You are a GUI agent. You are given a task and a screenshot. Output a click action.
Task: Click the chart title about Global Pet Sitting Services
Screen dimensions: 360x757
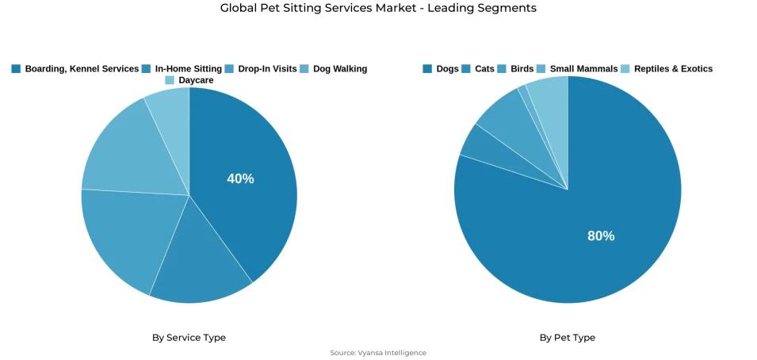(x=378, y=9)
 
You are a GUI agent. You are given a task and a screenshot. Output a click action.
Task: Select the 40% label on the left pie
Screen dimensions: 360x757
(x=240, y=179)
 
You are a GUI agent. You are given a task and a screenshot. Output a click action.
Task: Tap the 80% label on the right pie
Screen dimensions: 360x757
(x=601, y=236)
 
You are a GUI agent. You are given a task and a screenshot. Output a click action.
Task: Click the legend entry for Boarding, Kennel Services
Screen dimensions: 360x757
(x=75, y=69)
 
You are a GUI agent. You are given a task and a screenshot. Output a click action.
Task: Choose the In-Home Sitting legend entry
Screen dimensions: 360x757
(x=182, y=69)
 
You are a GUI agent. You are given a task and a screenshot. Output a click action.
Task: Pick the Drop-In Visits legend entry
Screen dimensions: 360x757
(x=261, y=69)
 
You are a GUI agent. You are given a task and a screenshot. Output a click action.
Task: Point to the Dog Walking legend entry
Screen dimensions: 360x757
(x=333, y=69)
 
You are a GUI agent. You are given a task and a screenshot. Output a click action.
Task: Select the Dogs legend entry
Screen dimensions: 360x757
(x=441, y=69)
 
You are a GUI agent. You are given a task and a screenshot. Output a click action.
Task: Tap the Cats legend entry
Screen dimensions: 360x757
(x=478, y=69)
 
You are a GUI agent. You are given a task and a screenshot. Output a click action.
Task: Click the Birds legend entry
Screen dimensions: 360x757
(x=515, y=69)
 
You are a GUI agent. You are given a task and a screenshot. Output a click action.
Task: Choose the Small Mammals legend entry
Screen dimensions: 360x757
(x=577, y=69)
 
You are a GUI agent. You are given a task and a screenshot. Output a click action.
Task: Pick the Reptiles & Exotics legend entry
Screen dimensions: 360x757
(x=667, y=69)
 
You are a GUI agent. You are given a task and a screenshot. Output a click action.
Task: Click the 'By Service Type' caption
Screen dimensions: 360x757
(x=189, y=338)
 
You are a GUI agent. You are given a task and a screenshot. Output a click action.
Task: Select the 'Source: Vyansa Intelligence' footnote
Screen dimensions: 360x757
(x=378, y=353)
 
